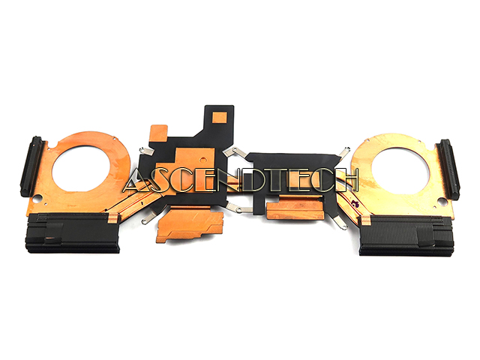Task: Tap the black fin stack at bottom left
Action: [73, 233]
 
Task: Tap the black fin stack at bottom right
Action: [406, 235]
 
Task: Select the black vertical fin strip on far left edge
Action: [31, 166]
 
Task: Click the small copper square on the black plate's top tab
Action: [220, 117]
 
